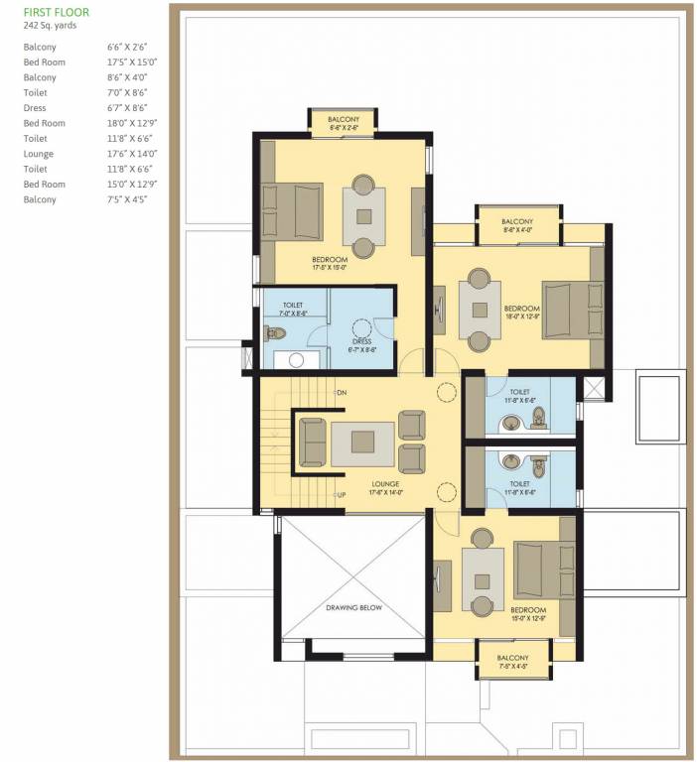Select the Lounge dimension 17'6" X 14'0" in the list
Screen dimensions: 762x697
132,154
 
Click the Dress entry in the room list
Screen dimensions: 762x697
35,108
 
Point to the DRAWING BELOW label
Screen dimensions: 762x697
353,607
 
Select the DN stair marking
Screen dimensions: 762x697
341,394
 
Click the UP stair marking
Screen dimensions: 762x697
341,493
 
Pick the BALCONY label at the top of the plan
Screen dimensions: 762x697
344,119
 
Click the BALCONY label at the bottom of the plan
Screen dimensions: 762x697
513,657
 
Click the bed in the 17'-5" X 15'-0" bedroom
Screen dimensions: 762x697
292,211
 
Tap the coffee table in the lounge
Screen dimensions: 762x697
360,444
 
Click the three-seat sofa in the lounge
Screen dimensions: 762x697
313,443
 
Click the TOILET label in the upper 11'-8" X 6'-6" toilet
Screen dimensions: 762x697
520,391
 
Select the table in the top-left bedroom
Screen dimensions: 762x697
363,216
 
